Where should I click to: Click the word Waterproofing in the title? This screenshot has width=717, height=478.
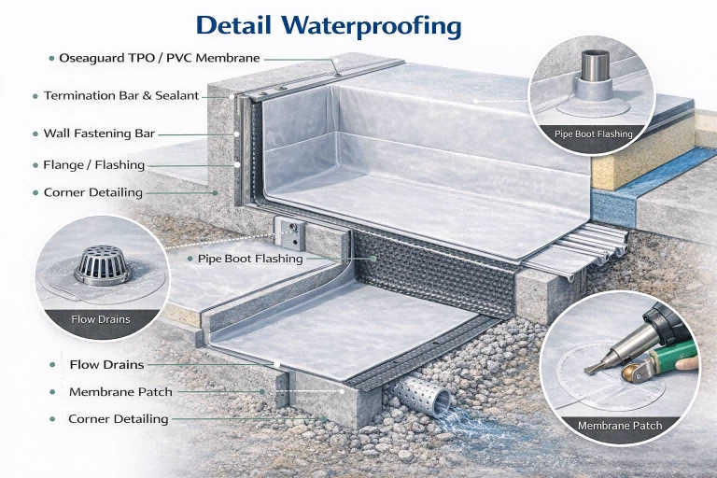coord(371,26)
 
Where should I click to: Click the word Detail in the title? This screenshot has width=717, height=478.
coord(233,25)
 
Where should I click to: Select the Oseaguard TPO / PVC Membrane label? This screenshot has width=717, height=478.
coord(160,58)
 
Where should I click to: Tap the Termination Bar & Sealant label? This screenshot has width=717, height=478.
coord(121,95)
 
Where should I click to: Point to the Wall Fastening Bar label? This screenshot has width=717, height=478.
coord(99,134)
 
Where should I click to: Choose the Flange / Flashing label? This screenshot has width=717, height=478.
coord(93,164)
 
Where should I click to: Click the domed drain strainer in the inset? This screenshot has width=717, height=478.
coord(103,265)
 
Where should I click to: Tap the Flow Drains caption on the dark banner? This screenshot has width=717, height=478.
coord(101,319)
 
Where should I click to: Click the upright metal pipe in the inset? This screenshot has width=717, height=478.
coord(595,66)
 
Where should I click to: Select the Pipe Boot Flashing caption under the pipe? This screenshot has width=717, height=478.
coord(593,134)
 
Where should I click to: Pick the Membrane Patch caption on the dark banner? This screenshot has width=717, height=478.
coord(620,426)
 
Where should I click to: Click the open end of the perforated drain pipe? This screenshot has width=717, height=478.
coord(443,399)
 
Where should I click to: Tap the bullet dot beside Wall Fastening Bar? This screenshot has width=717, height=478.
coord(35,134)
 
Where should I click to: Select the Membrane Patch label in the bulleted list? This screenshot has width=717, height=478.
coord(120,392)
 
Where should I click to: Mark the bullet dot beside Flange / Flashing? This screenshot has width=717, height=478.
coord(35,165)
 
